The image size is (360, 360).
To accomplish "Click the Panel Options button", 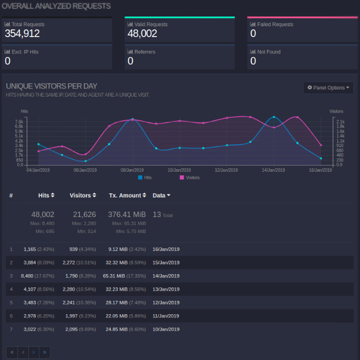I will [328, 88].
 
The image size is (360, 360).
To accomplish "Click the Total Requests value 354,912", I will [22, 34].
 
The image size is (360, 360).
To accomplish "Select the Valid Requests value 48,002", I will [142, 34].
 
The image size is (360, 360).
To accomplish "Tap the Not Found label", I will [268, 52].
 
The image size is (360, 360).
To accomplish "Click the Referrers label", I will [145, 52].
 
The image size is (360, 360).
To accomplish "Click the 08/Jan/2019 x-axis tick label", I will [132, 170].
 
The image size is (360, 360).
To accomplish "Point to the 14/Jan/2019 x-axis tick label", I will [274, 170].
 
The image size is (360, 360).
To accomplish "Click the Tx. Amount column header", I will [128, 195].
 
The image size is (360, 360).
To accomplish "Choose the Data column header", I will [161, 195].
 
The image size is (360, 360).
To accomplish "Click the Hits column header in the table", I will [46, 195].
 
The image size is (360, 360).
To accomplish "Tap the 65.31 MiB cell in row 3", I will [114, 276].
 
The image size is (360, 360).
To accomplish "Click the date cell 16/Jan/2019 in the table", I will [166, 249].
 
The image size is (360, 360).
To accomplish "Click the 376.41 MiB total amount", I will [127, 214].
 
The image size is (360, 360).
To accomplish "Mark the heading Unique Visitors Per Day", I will [51, 86].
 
